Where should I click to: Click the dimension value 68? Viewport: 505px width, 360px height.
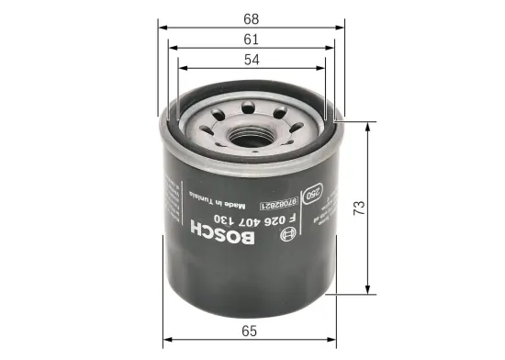point(252,16)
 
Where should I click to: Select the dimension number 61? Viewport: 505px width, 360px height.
point(252,39)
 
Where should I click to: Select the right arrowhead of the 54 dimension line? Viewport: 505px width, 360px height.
point(323,68)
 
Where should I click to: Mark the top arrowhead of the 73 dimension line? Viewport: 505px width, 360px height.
point(368,122)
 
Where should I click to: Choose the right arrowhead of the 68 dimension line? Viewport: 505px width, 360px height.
point(340,27)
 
